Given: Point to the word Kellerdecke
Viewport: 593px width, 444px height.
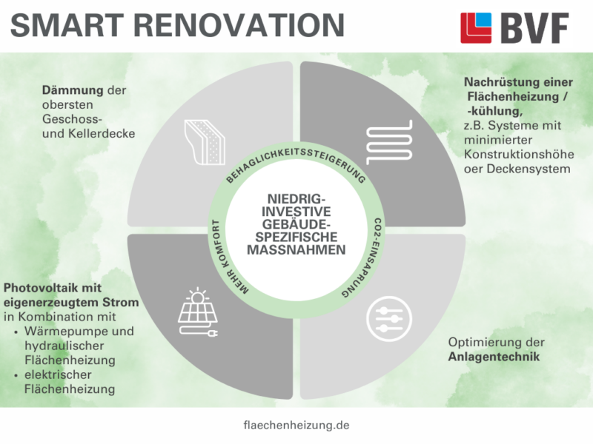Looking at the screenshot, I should pos(95,134).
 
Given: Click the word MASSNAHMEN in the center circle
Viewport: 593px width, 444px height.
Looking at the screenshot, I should pos(296,250).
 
